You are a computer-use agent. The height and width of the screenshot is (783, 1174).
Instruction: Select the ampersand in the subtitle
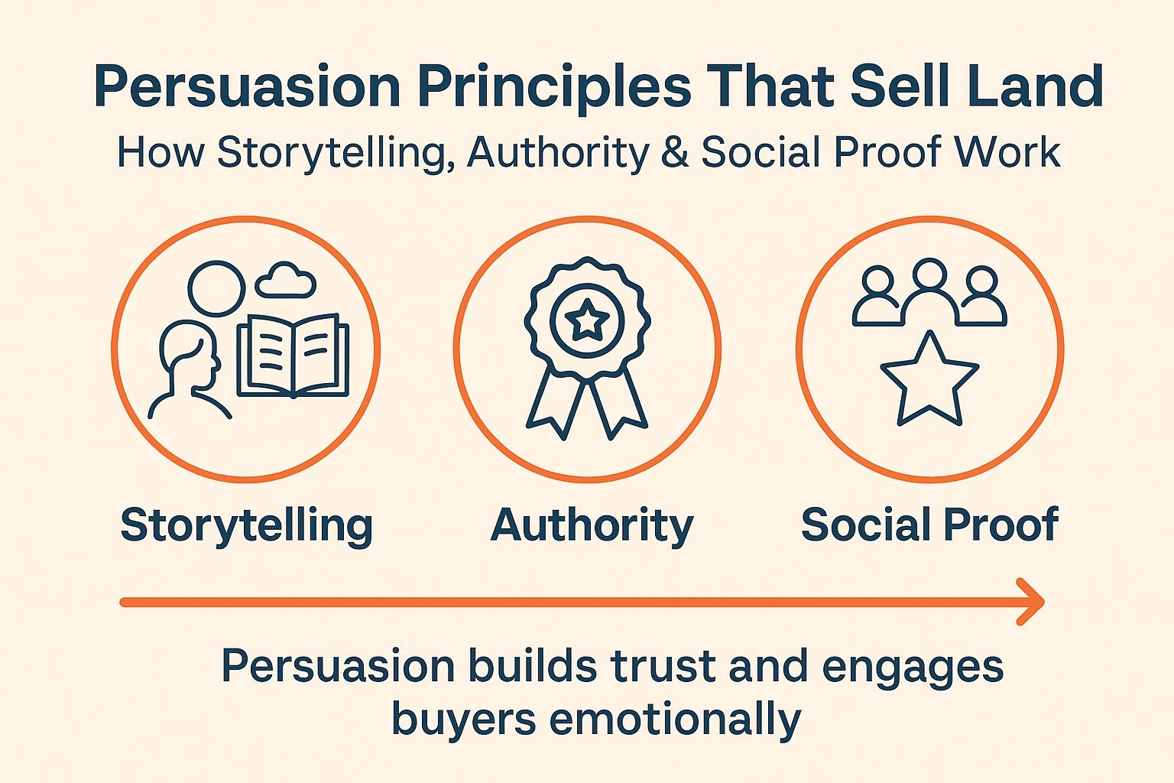point(675,152)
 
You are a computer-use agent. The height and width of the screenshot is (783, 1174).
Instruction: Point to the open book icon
point(293,356)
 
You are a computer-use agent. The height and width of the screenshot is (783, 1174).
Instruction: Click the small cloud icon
point(286,280)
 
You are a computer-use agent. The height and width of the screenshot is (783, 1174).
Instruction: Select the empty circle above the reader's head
point(216,288)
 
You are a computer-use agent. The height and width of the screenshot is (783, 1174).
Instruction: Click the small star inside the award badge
point(587,319)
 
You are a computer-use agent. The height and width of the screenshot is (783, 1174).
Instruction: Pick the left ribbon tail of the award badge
point(551,401)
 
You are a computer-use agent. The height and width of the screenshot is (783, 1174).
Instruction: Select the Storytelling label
point(247,526)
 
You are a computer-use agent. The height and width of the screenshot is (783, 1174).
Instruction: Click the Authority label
point(592,526)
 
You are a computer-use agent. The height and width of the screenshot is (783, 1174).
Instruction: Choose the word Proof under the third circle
point(1000,525)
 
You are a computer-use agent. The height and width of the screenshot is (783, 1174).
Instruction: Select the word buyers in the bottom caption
point(464,721)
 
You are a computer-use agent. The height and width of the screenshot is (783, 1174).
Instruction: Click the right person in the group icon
point(982,297)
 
